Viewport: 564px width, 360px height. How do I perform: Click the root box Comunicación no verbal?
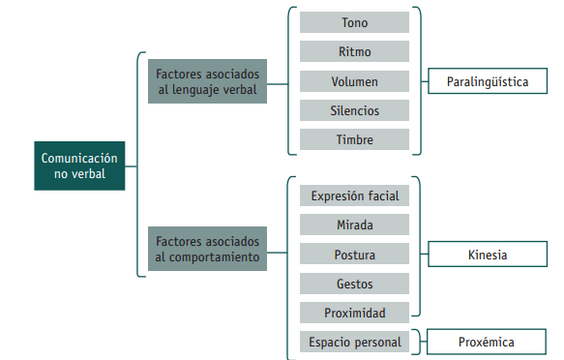click(x=79, y=165)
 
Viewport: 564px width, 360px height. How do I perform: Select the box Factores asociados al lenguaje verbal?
click(x=206, y=81)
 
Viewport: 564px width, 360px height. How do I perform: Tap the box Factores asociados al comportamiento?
click(x=206, y=248)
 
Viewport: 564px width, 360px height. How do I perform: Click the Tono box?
click(x=354, y=22)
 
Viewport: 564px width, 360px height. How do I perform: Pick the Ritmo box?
click(x=354, y=51)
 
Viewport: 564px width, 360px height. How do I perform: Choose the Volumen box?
click(x=354, y=81)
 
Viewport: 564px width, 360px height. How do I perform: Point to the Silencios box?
click(x=354, y=110)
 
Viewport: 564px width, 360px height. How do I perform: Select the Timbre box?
click(x=354, y=139)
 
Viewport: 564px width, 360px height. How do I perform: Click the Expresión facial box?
click(x=354, y=195)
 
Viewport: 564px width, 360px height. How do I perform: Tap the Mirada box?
click(x=354, y=225)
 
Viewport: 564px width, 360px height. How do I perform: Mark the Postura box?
click(x=354, y=255)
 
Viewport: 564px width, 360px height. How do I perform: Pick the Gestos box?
click(x=354, y=284)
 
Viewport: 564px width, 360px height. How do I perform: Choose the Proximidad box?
click(x=354, y=313)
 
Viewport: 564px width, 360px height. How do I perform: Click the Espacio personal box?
click(x=354, y=342)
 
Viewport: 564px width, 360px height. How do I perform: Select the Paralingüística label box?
click(x=488, y=81)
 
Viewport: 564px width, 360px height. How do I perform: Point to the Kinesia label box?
click(x=488, y=255)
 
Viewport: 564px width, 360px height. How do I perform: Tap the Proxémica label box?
click(x=488, y=342)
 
